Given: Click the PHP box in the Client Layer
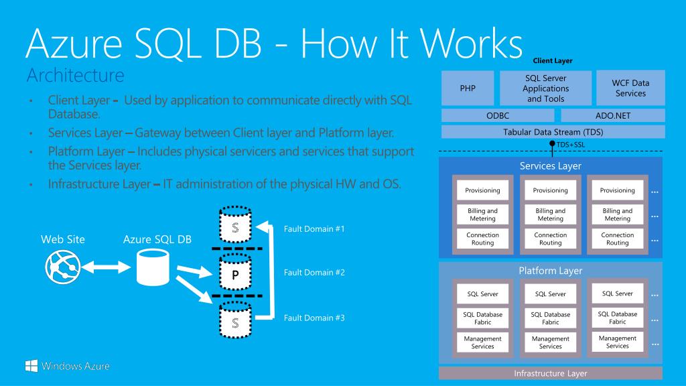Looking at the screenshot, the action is pos(468,88).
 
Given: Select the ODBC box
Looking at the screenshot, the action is pos(498,115).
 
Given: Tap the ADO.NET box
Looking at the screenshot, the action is pos(613,115).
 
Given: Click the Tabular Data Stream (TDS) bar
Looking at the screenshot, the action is pos(553,132).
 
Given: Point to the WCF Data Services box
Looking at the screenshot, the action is pos(630,88).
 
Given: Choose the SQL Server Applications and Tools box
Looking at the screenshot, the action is pos(545,88).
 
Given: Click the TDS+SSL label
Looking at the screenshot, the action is pos(571,145).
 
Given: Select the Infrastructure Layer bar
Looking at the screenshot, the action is pos(551,373).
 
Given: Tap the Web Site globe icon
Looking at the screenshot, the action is pos(63,267).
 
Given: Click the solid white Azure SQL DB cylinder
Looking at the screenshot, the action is pos(153,267).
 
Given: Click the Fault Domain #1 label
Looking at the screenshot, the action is pos(314,229).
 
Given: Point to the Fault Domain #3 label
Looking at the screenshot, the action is pos(314,318).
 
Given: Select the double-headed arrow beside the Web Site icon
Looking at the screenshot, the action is pos(106,267).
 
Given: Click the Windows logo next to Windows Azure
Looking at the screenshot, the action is pos(31,366).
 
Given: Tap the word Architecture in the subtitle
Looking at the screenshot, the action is pos(75,75).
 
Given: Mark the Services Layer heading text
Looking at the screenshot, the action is pos(551,166).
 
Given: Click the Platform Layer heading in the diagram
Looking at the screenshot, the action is pos(551,271).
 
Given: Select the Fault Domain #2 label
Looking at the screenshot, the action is pos(314,273).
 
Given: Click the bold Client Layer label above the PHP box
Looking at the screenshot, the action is pos(553,61).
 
